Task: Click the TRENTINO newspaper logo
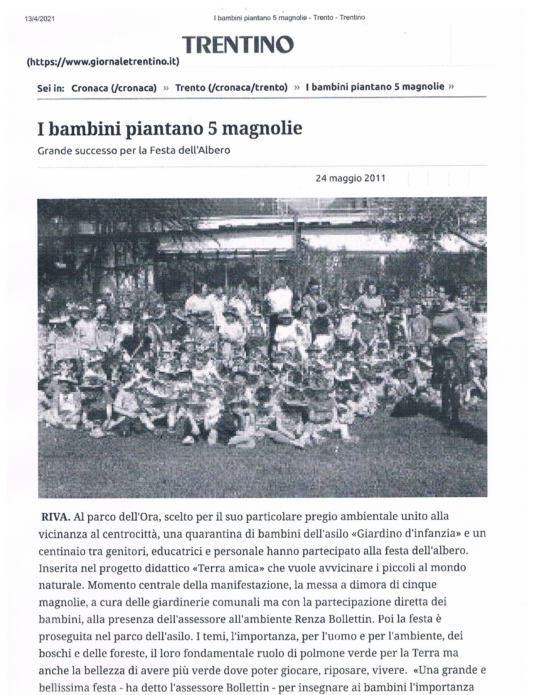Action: coord(238,45)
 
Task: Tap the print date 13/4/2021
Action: coord(40,19)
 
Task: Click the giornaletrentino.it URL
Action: coord(103,62)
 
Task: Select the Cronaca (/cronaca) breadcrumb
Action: coord(114,88)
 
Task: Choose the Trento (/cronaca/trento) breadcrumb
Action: coord(231,88)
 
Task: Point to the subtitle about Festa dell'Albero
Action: coord(134,150)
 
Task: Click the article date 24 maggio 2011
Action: coord(350,178)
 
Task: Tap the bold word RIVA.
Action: coord(56,517)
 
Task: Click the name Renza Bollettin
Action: coord(337,619)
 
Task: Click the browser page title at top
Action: coord(289,17)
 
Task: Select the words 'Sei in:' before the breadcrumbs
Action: coord(51,88)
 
